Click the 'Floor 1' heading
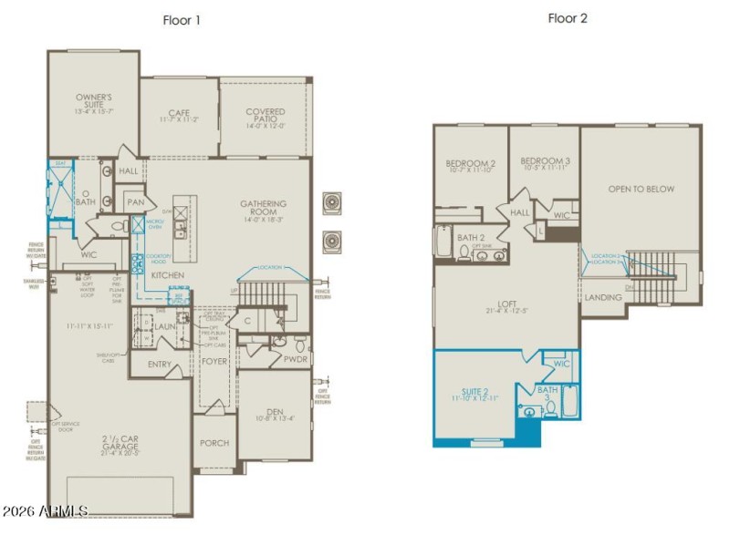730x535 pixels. [x=182, y=19]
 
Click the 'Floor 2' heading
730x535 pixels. [x=567, y=17]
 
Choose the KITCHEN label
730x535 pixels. [x=168, y=274]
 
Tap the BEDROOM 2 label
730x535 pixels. [x=470, y=165]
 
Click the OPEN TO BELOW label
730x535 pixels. [x=641, y=189]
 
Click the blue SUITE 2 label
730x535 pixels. [x=474, y=394]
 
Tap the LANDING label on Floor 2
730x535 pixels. [x=603, y=297]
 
